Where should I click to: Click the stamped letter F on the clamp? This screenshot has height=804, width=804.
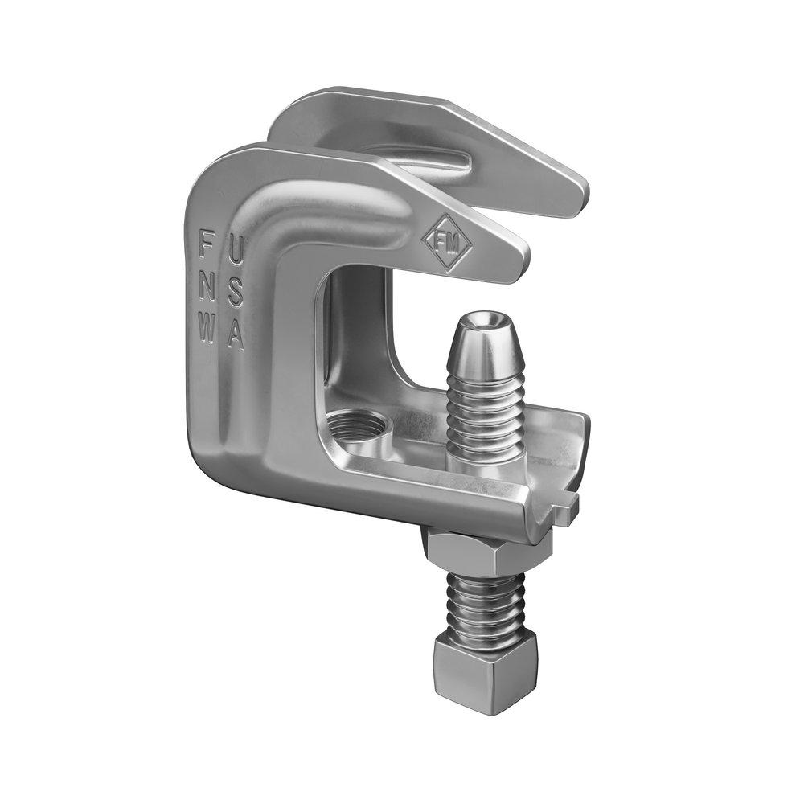(207, 240)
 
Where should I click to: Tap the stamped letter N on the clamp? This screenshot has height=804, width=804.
(207, 285)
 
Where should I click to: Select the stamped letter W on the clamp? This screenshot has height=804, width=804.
(207, 330)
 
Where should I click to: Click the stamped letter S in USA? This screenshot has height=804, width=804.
(235, 296)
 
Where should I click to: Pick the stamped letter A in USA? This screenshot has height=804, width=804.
(235, 338)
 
